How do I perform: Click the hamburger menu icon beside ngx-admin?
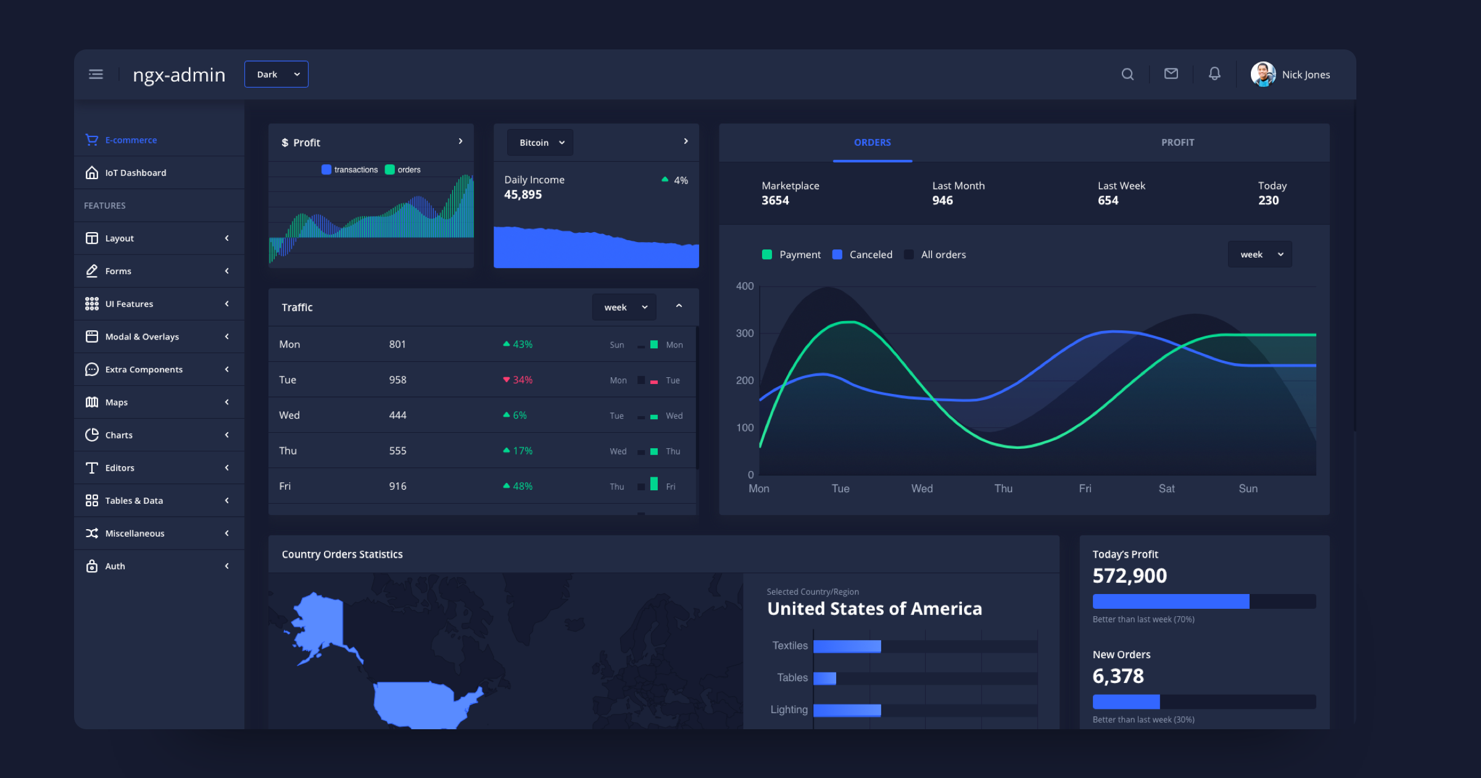[96, 74]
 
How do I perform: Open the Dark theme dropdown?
[276, 74]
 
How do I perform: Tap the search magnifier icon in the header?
[1127, 74]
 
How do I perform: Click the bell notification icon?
[1214, 74]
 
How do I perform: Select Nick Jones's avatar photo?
[1263, 74]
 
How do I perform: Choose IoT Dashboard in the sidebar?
[135, 173]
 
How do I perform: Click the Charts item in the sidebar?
[118, 435]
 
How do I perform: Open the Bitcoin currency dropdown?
[540, 143]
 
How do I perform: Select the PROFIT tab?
[1177, 143]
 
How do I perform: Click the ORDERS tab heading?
[872, 143]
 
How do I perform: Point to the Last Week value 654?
[1108, 201]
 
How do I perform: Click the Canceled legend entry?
[870, 254]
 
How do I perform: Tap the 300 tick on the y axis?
[744, 333]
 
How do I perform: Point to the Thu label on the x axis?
[1003, 488]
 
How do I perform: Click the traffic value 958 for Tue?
[397, 380]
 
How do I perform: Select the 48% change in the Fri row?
[521, 487]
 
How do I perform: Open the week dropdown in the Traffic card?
[624, 307]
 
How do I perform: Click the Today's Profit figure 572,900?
[1129, 576]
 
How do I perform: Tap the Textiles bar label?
[789, 646]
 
